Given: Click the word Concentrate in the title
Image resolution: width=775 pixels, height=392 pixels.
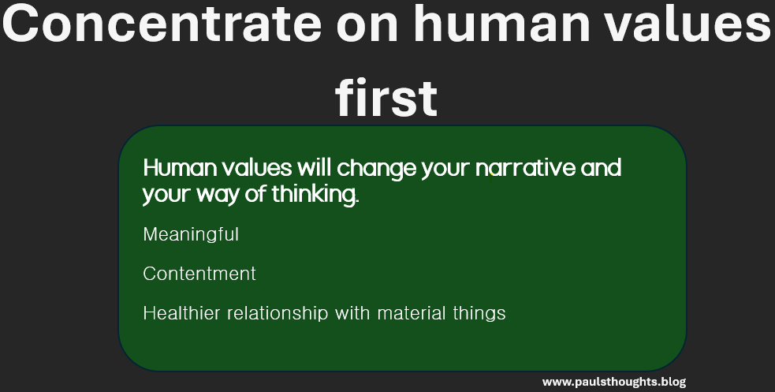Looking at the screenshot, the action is (162, 24).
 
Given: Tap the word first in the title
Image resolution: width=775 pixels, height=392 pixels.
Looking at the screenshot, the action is (386, 97).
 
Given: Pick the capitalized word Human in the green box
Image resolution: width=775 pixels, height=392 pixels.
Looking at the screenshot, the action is (180, 168).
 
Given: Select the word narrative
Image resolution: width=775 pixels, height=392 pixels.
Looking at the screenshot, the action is (526, 168).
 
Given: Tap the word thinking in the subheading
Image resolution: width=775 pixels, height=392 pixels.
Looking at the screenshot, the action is (315, 195).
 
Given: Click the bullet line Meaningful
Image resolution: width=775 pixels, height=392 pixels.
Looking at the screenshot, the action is (191, 235).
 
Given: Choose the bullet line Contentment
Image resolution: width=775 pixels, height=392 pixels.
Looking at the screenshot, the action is (199, 274).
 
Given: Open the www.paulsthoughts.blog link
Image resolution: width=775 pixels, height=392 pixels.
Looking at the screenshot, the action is (614, 382).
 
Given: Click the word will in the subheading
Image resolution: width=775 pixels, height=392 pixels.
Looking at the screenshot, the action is (315, 168).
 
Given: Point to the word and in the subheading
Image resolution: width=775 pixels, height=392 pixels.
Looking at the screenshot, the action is (601, 168).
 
